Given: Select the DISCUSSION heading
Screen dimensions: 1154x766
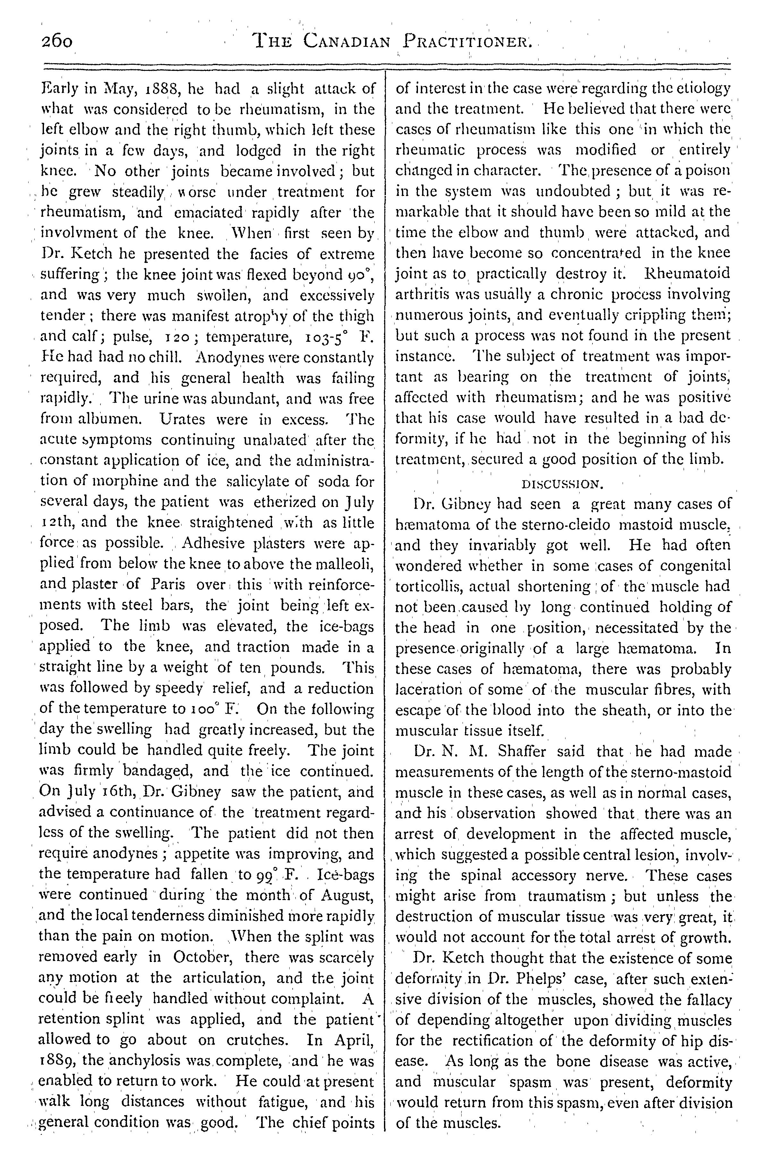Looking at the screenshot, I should coord(563,484).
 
